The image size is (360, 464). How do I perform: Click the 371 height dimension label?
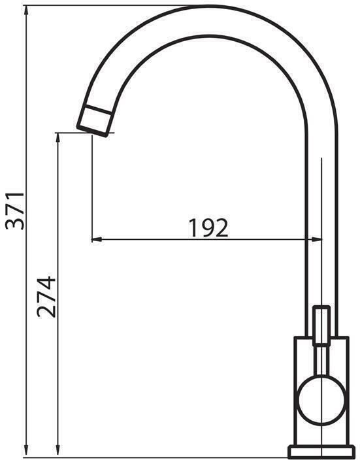pos(15,210)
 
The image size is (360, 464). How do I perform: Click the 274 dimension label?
pos(46,297)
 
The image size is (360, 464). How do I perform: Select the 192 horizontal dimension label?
pos(208,227)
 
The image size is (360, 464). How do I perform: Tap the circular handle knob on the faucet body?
pos(321,401)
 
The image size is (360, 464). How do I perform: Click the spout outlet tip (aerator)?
pos(94,121)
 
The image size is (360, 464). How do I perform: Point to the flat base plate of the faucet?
pos(321,452)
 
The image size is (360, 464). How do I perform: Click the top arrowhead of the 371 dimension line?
pos(26,11)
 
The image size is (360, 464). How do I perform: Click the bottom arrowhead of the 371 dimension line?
pos(26,453)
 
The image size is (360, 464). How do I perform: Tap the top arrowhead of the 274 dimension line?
pos(58,139)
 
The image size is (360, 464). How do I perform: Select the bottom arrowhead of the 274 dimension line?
pos(58,453)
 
